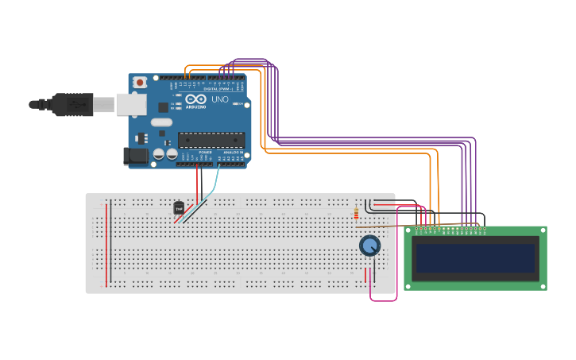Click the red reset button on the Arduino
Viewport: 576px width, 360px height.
(141, 82)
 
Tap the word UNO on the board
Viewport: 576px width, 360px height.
(219, 100)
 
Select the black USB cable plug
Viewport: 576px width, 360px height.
(72, 104)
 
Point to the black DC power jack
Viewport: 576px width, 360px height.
(136, 157)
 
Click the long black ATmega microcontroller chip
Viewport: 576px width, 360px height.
(211, 140)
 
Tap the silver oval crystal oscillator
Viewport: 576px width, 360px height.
(160, 123)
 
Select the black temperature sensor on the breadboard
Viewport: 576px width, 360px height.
(179, 207)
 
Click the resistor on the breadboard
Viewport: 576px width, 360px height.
(356, 214)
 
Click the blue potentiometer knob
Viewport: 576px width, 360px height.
(369, 246)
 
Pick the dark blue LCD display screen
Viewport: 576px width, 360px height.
(475, 258)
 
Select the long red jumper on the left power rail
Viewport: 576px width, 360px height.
(109, 242)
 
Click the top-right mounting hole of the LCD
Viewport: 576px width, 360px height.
(541, 231)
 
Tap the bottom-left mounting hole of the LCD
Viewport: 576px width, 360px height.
(409, 285)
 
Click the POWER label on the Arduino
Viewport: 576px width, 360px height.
(204, 152)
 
